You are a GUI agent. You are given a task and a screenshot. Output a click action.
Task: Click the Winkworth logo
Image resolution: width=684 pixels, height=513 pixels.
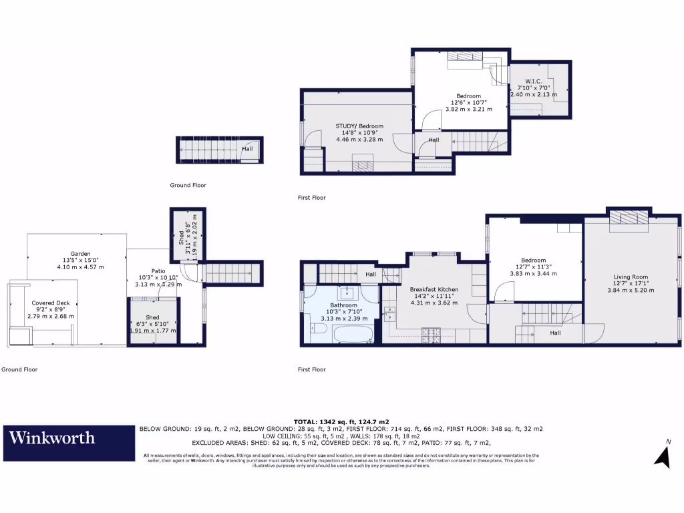(51, 438)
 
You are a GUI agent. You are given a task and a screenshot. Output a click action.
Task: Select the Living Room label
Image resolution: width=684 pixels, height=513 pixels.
(631, 277)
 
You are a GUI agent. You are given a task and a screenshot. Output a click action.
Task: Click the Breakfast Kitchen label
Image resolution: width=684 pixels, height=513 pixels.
(434, 289)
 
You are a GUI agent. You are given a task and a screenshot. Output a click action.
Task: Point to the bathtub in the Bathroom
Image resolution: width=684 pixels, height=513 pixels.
(345, 335)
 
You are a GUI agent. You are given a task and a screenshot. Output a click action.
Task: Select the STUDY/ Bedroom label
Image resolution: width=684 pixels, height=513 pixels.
(359, 126)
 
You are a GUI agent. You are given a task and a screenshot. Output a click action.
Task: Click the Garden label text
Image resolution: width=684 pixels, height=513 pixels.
(80, 253)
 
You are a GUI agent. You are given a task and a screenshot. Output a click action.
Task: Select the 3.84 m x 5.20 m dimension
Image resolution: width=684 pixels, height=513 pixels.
(631, 290)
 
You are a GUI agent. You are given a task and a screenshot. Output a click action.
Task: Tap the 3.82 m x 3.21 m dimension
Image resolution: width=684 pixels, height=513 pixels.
(468, 109)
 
